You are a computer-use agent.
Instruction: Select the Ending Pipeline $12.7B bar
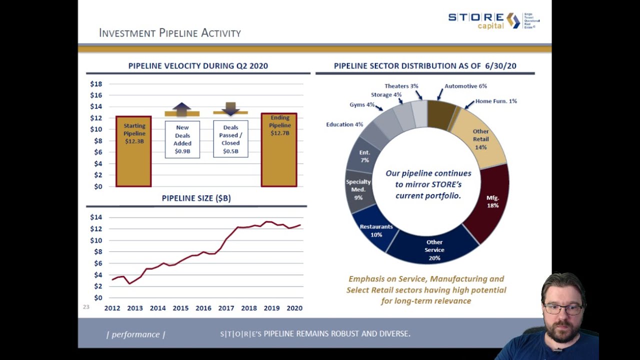279,150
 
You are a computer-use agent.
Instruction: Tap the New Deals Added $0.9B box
182,139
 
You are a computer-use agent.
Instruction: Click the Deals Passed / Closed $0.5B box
230,139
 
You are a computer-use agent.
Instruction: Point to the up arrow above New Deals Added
182,109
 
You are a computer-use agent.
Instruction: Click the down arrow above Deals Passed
230,108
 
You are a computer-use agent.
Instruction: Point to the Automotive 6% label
465,86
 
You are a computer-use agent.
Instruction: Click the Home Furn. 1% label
496,101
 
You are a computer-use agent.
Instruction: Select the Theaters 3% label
401,86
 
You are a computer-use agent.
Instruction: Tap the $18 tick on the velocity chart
96,84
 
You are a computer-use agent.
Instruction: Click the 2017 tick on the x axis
226,308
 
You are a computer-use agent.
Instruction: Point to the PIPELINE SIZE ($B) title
196,198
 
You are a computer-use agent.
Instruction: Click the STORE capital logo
493,20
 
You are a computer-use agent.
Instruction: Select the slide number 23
86,307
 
